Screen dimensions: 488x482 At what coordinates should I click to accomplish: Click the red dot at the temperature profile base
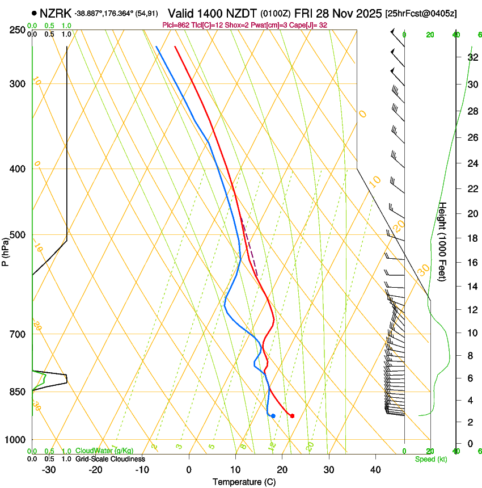click(x=292, y=416)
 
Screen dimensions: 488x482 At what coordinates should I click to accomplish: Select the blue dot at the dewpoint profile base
click(x=273, y=416)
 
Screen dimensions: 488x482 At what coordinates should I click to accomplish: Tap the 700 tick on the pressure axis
click(x=18, y=334)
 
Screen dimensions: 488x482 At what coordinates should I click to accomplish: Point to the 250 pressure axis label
click(x=18, y=30)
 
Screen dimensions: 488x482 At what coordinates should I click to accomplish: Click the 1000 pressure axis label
click(x=16, y=440)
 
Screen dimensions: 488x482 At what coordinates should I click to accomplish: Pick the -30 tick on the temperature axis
click(x=49, y=470)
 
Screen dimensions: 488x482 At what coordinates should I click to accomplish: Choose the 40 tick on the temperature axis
click(x=375, y=470)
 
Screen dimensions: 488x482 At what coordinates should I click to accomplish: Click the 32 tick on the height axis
click(x=472, y=57)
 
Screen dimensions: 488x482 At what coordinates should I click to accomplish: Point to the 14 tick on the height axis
click(x=472, y=287)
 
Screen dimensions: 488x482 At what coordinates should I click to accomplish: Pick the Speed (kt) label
click(x=431, y=458)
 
